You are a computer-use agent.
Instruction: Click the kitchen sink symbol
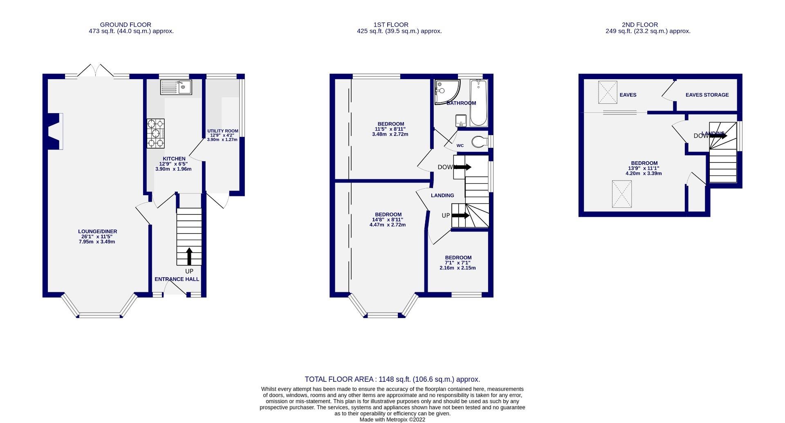click(x=176, y=87)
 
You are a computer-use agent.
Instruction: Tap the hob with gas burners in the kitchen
click(x=156, y=133)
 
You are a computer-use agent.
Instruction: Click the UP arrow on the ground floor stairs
click(x=189, y=256)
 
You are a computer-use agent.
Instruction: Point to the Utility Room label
click(x=222, y=131)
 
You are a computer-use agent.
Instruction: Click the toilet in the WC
click(x=479, y=142)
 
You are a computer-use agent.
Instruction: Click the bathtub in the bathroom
click(x=478, y=103)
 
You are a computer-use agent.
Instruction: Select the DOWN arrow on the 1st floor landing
click(x=462, y=167)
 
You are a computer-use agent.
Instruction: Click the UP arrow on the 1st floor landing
click(x=461, y=216)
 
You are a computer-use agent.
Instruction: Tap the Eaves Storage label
click(x=707, y=95)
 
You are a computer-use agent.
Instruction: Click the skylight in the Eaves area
click(x=608, y=92)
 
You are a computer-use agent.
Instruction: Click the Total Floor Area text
click(x=392, y=379)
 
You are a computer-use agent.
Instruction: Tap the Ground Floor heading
click(x=126, y=24)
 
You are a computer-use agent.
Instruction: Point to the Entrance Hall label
click(x=177, y=279)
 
